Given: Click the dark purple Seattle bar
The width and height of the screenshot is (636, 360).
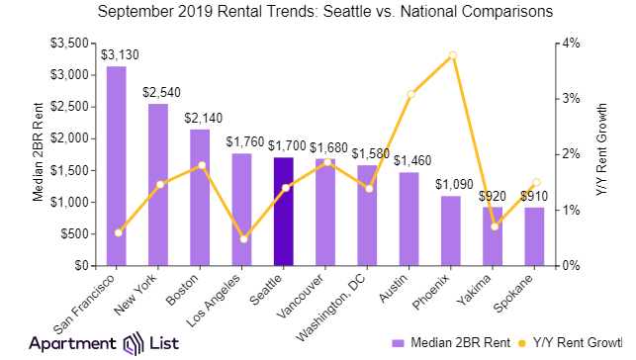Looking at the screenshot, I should coord(283,211).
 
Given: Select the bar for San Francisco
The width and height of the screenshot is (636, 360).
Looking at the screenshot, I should coord(116,165).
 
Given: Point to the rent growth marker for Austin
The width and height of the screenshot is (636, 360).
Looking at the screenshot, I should coord(409,94).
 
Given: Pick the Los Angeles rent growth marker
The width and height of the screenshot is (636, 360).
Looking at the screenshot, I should coord(242,238).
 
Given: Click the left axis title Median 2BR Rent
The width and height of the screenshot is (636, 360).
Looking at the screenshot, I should coord(37,154).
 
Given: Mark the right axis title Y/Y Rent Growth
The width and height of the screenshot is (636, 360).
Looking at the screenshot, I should coord(600,154).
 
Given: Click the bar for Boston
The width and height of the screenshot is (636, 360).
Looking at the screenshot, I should coord(200,197).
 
